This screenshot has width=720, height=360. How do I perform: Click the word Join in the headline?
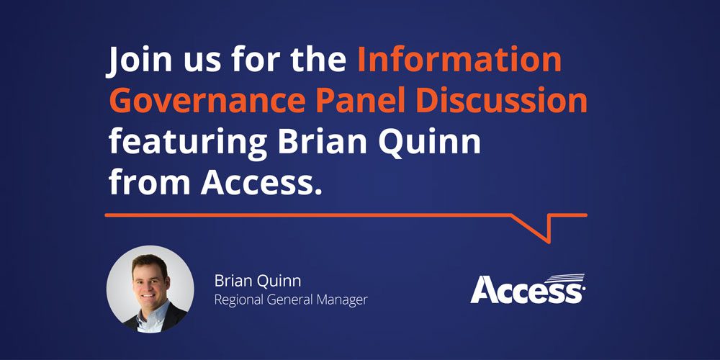click(x=138, y=60)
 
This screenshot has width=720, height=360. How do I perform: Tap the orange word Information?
click(x=459, y=60)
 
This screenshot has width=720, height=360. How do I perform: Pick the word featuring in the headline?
click(x=188, y=143)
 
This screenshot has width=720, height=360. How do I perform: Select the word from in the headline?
click(x=149, y=182)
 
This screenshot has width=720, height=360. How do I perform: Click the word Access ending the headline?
click(x=259, y=182)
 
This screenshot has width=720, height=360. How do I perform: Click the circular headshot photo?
click(x=150, y=289)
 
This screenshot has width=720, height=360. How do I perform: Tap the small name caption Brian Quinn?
click(x=251, y=281)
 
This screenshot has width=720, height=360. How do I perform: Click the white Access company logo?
click(x=528, y=289)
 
